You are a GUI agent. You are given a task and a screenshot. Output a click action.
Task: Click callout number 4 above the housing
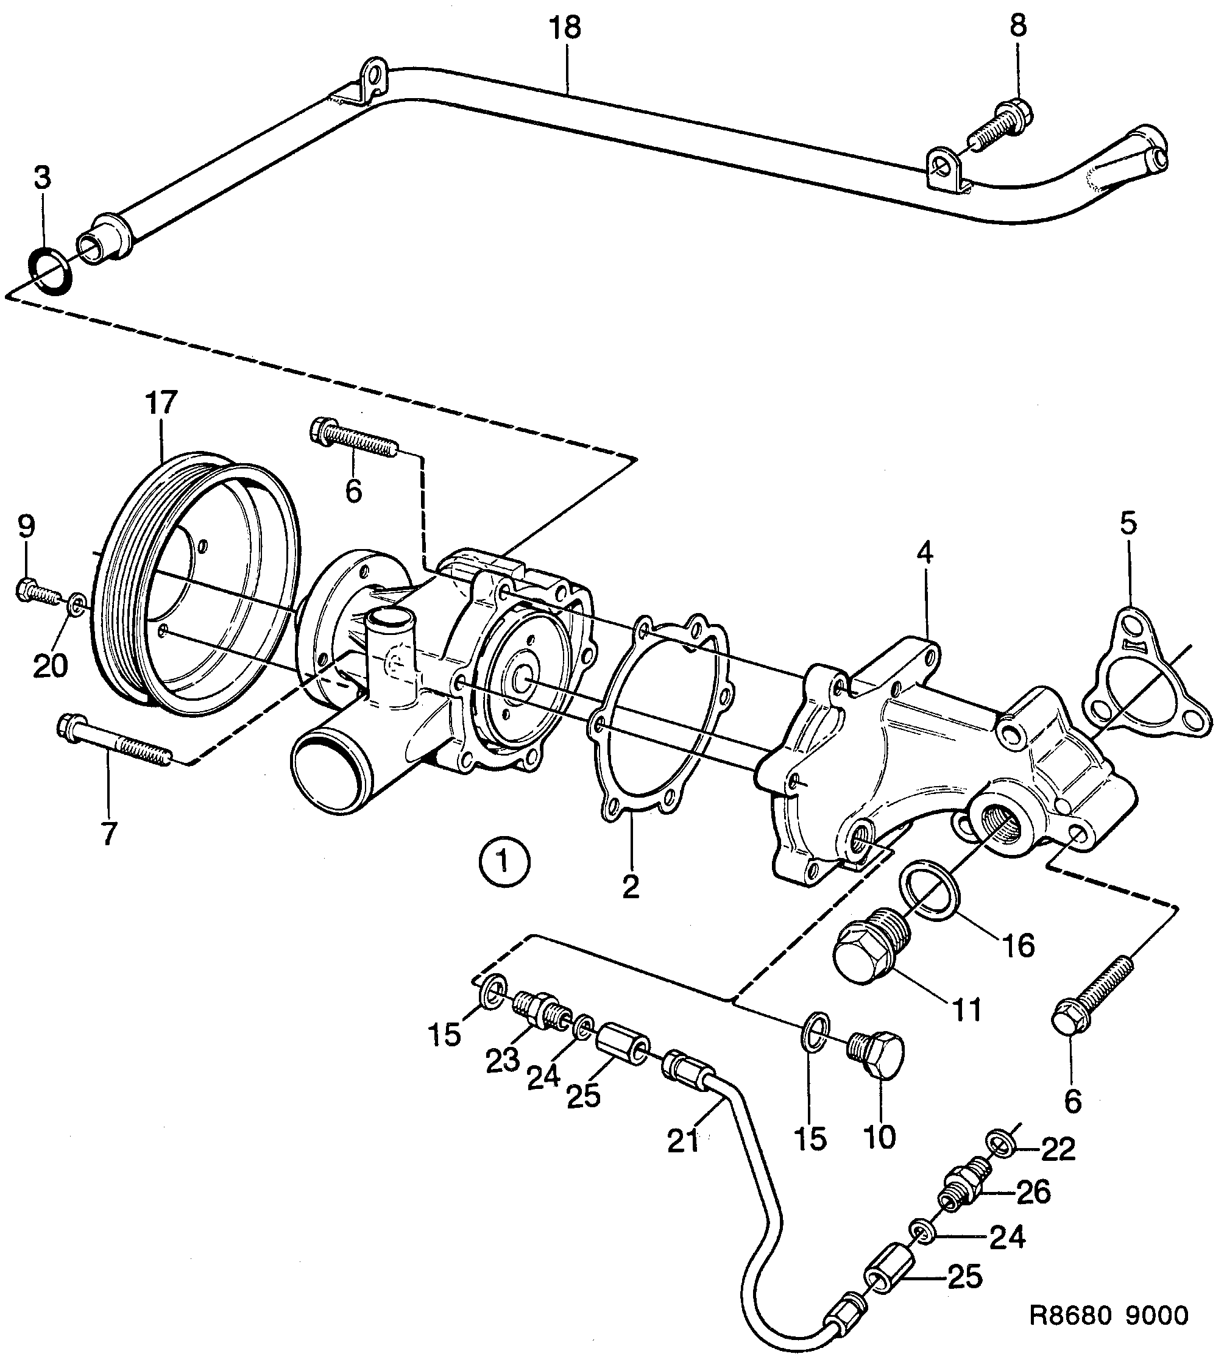point(925,553)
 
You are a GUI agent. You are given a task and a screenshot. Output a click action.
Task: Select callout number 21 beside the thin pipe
point(684,1141)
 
